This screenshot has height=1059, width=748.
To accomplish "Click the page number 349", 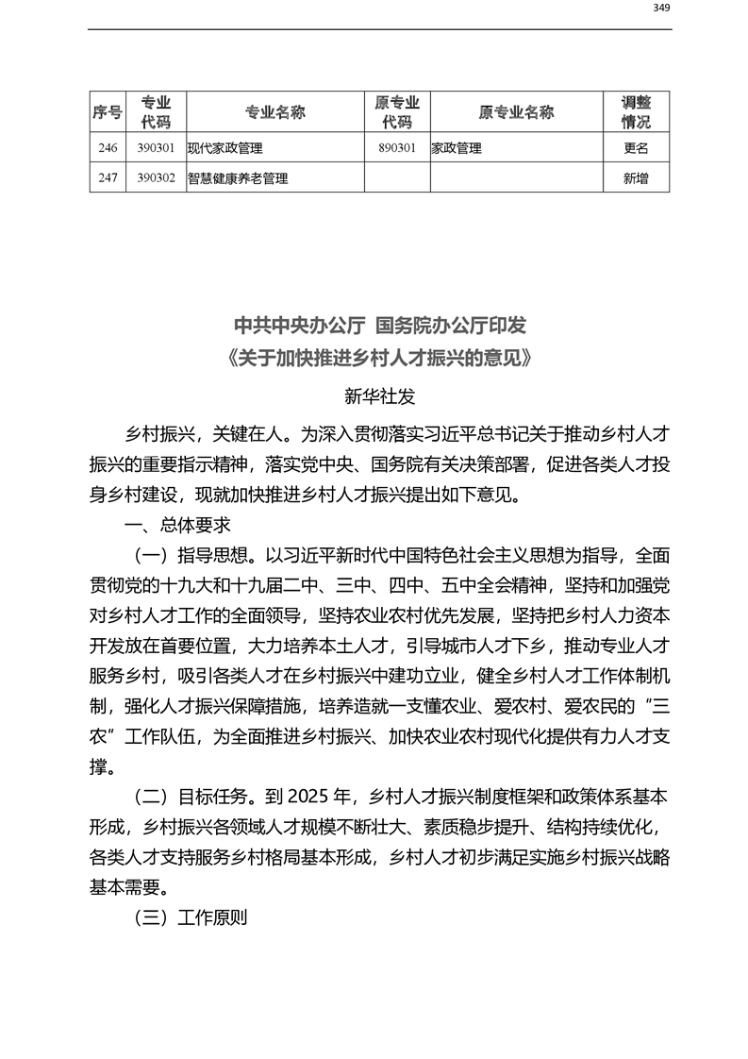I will click(661, 8).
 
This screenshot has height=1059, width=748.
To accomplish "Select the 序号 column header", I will click(107, 112).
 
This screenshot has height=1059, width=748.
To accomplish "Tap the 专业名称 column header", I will click(274, 112).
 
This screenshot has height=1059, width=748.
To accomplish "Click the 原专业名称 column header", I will click(516, 112).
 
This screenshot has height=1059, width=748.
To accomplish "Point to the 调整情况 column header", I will click(636, 112).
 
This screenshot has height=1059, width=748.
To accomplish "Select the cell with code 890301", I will click(396, 148).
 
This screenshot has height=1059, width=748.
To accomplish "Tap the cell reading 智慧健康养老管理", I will click(237, 177).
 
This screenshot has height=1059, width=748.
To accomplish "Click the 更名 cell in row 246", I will click(636, 148).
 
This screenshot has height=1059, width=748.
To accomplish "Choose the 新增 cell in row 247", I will click(636, 177).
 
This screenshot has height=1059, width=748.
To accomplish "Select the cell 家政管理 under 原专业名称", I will click(457, 148).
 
